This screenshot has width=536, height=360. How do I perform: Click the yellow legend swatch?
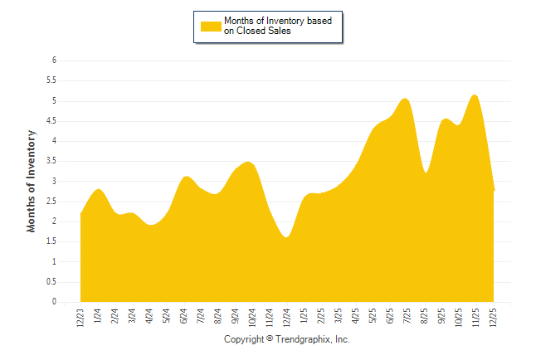coord(211,27)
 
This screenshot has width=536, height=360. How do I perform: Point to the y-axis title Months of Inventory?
coord(32,180)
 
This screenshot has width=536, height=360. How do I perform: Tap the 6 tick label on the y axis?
coord(53,61)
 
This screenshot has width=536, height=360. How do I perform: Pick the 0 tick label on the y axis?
coord(53,302)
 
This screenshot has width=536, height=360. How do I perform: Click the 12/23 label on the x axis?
coord(80,317)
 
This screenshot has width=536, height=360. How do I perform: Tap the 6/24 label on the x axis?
coord(184,317)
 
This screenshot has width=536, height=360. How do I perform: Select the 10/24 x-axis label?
coord(253,317)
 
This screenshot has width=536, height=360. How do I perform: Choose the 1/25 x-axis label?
coord(305,317)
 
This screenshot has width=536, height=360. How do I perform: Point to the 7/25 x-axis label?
coord(408,317)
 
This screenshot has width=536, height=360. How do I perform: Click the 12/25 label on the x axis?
coord(495,317)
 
